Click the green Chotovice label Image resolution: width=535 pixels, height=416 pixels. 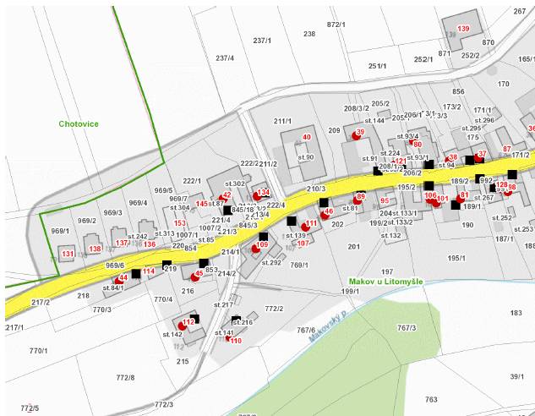pos(79,124)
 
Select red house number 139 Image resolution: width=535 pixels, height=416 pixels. pos(463,30)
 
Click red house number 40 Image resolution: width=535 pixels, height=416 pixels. pos(307,137)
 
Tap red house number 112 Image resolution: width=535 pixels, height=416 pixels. pos(188,322)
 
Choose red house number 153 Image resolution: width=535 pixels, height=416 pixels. pos(180,223)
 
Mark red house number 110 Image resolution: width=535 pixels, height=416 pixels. pos(235,341)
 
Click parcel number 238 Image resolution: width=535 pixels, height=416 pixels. pos(309,34)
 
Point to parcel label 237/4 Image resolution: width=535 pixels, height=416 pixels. pos(225,58)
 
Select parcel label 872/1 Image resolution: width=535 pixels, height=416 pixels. pos(336,25)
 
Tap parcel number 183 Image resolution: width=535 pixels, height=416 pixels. pos(516,314)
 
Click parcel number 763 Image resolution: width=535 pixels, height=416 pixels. pos(431,399)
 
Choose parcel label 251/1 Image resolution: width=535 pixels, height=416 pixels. pos(377,65)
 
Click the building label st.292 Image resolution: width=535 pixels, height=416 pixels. pos(271,263)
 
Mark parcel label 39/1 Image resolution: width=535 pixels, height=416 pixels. pos(517,376)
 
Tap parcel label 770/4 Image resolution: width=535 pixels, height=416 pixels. pos(163,299)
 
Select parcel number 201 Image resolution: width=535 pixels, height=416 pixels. pos(353,247)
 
